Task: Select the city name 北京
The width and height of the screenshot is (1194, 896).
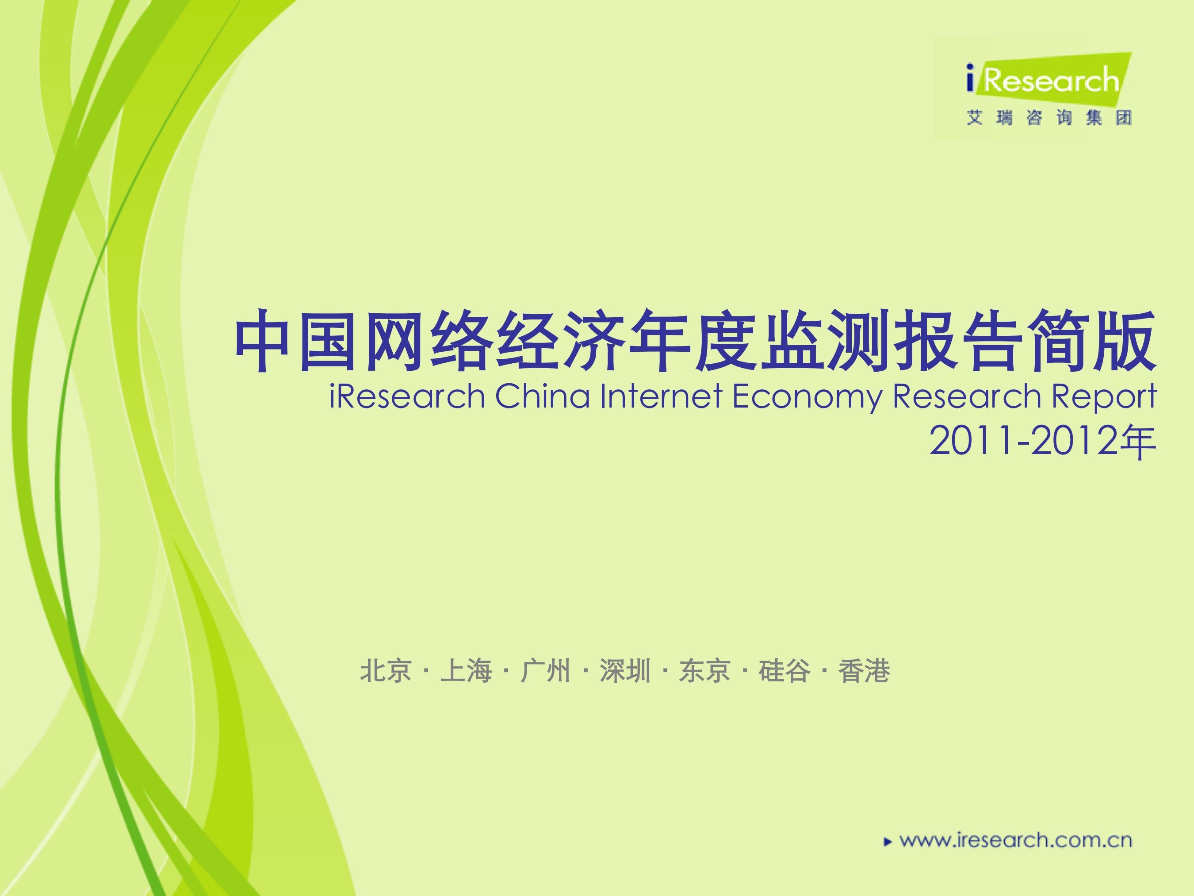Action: coord(386,671)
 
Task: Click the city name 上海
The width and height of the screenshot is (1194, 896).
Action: coord(466,671)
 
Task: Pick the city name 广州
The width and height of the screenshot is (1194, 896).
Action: coord(545,671)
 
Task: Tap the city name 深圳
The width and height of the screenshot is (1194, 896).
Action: coord(625,671)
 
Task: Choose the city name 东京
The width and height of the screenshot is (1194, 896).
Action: coord(704,671)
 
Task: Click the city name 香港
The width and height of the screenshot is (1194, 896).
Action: coord(864,671)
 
